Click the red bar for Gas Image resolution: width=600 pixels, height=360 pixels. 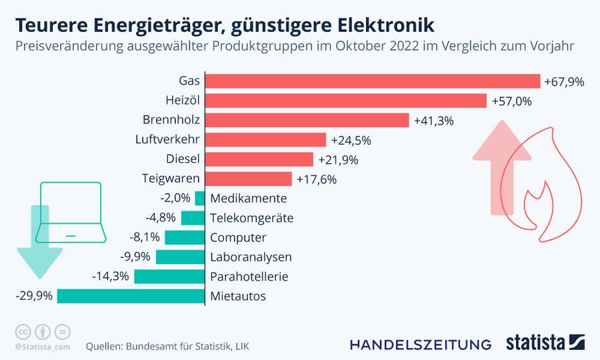[x=372, y=81]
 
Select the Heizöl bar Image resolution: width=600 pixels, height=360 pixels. [x=345, y=101]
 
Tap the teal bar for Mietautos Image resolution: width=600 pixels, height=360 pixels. [x=131, y=296]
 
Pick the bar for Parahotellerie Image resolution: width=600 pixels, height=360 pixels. [x=169, y=277]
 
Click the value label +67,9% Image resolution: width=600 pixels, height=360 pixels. [x=564, y=82]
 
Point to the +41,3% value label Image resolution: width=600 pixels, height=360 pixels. [x=433, y=121]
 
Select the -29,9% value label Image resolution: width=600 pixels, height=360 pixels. [x=34, y=296]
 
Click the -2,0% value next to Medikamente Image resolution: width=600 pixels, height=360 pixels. [x=175, y=198]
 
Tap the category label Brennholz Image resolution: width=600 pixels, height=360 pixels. [x=171, y=120]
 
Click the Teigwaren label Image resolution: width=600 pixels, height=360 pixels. [x=171, y=179]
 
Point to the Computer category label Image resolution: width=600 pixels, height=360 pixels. [x=238, y=237]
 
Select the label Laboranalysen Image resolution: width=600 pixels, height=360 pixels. [x=251, y=257]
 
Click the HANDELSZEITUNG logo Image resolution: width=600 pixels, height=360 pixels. [x=421, y=344]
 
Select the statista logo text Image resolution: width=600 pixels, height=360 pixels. [x=535, y=343]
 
